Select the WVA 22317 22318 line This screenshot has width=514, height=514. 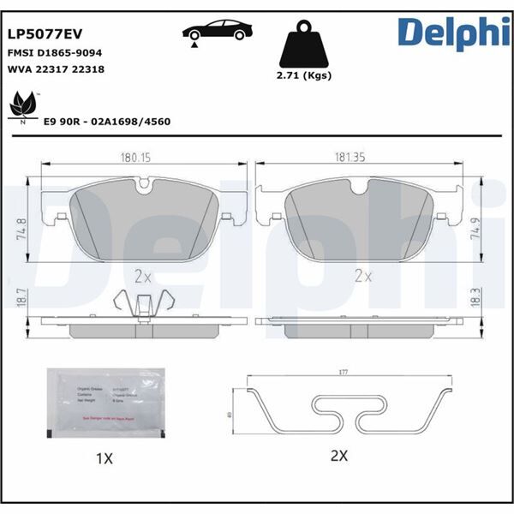pos(55,69)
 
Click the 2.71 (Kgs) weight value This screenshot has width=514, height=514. pos(305,75)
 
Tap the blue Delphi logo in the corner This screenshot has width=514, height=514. pos(446,33)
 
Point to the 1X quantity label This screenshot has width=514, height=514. pos(104,459)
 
